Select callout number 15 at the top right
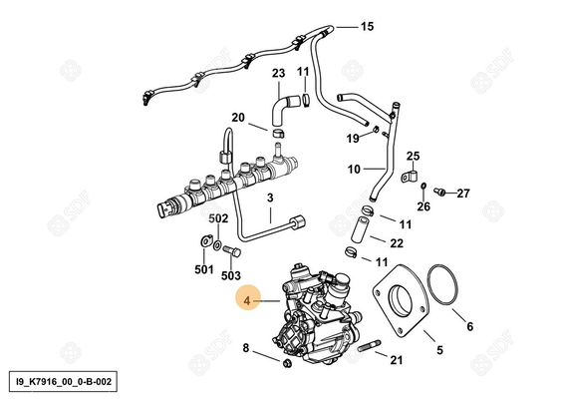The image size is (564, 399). (x=367, y=26)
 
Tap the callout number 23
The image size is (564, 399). (x=278, y=73)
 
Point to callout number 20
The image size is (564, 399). (x=238, y=117)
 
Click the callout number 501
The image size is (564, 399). (x=203, y=269)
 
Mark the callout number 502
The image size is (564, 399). (x=218, y=217)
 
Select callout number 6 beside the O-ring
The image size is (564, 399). (x=469, y=325)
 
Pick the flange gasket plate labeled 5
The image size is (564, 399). (x=400, y=300)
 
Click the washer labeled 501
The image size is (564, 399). (x=204, y=240)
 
